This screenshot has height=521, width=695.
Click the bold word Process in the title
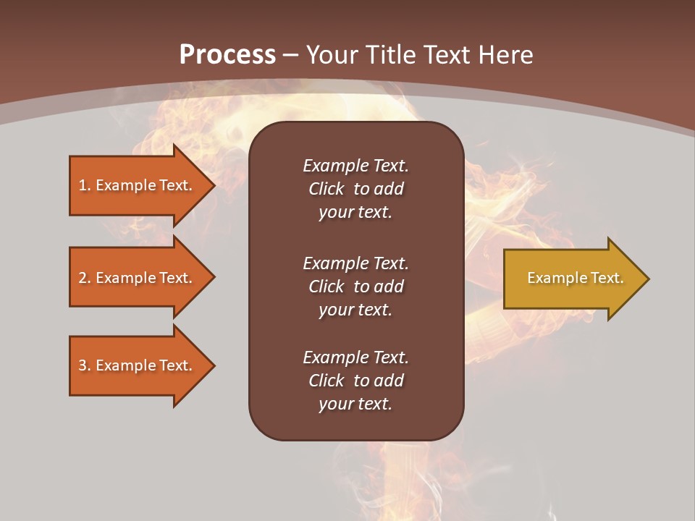(x=227, y=55)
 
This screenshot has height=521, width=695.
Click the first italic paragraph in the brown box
(x=355, y=189)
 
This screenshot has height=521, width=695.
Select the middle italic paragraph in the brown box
(x=355, y=287)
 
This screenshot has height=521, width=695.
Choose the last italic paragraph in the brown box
(x=355, y=381)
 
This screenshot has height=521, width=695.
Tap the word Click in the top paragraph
(x=326, y=189)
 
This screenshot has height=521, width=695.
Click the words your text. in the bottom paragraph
(x=355, y=404)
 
